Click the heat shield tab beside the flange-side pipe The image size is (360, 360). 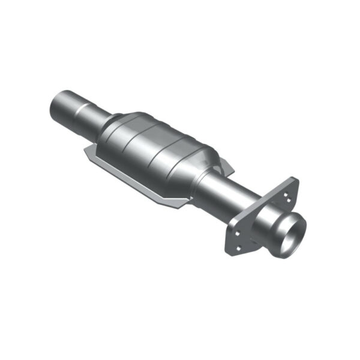[x=225, y=165]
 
